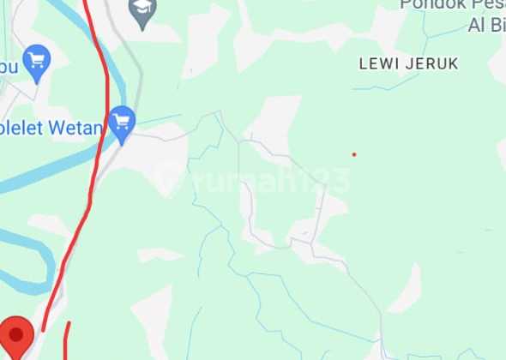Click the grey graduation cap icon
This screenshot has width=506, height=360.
142,10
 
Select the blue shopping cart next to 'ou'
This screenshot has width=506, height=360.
37,60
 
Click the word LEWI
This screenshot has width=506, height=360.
378,63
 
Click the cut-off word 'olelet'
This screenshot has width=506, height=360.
26,129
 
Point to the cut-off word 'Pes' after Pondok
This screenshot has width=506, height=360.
488,4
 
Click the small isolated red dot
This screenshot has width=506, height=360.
354,154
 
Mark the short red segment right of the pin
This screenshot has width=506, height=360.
67,339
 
